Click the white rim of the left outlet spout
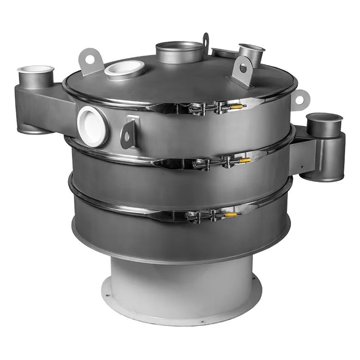[x=36, y=69]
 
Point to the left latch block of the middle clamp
[x=201, y=162]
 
